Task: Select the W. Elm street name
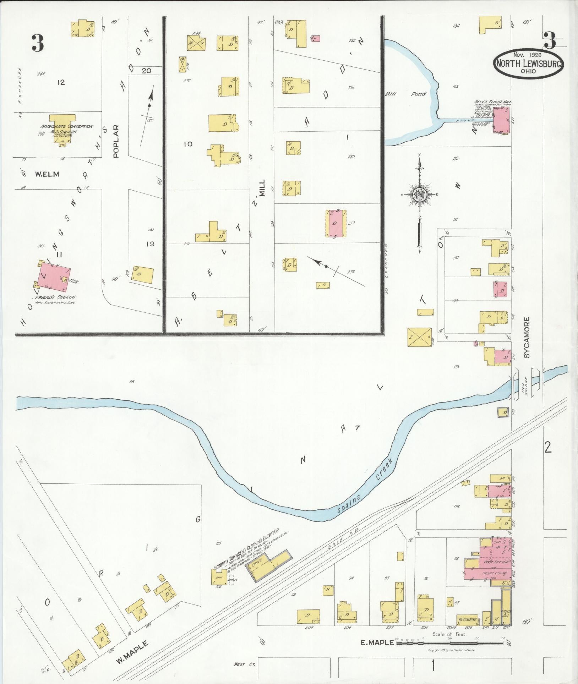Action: coord(47,174)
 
